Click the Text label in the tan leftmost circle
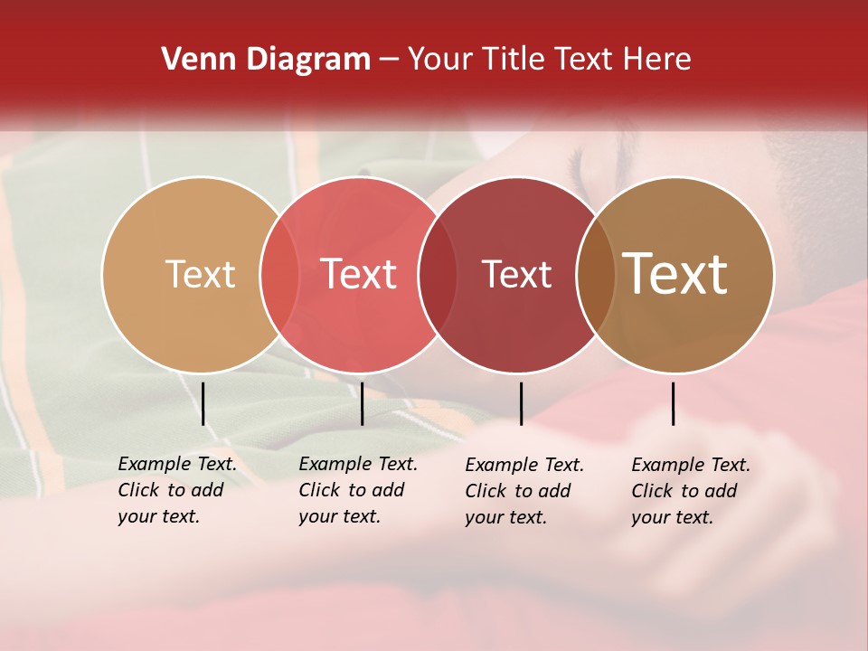tap(200, 274)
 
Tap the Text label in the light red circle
tap(358, 274)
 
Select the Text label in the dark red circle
tap(516, 274)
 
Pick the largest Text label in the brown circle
tap(675, 274)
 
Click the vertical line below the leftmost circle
tap(203, 403)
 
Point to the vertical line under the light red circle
tap(362, 403)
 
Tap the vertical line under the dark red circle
tap(521, 403)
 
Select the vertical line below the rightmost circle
tap(674, 403)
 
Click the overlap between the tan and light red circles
tap(279, 274)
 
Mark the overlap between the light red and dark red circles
tap(438, 274)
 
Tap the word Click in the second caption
tap(318, 490)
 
